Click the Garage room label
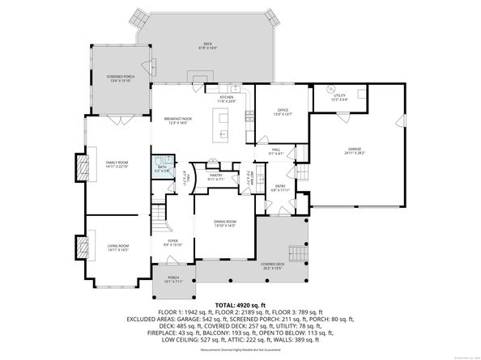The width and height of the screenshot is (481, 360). tap(354, 151)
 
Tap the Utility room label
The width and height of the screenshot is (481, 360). tap(338, 98)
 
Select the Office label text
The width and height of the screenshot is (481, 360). tap(282, 113)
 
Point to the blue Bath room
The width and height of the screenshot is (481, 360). tap(163, 170)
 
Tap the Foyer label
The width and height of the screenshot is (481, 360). tap(172, 243)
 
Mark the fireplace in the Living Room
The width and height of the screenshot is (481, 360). tap(80, 247)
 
